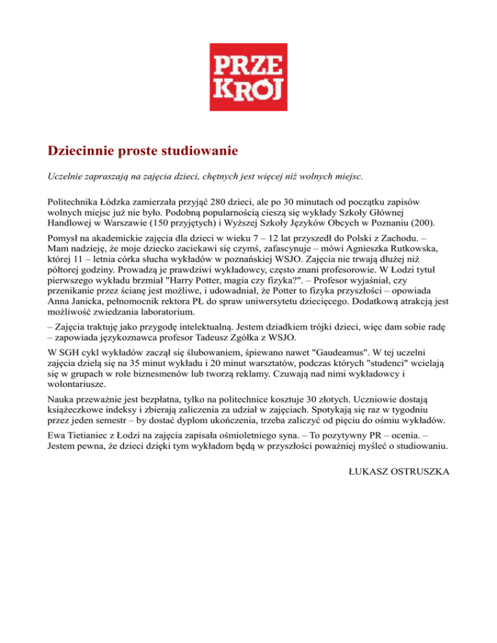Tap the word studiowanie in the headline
click(x=199, y=151)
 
